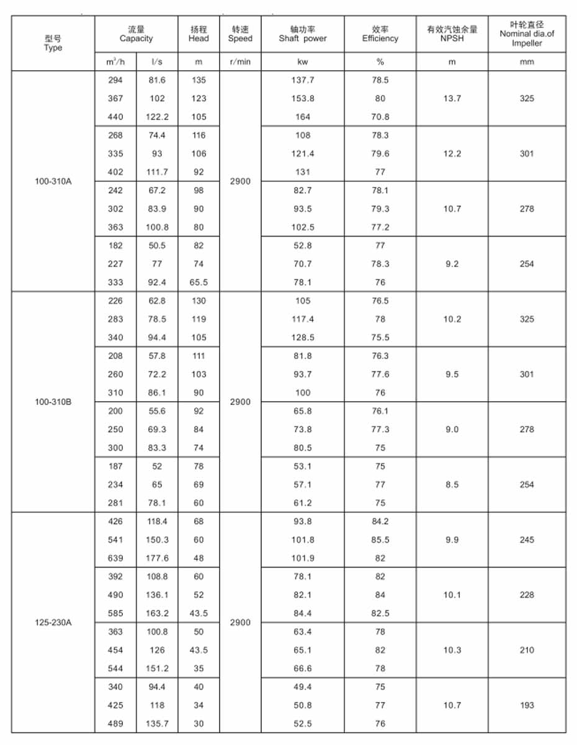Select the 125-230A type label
click(x=53, y=622)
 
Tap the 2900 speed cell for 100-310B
click(x=240, y=402)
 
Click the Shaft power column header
click(x=303, y=34)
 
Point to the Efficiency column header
click(x=380, y=34)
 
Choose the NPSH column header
click(x=452, y=34)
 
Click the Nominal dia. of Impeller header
click(x=527, y=34)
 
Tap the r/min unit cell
click(x=240, y=62)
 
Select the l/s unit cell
click(x=157, y=62)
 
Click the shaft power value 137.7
click(x=303, y=80)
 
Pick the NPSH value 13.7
click(x=452, y=98)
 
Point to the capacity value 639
click(x=115, y=558)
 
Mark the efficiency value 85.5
click(x=380, y=540)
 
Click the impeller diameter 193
click(x=527, y=705)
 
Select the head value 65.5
click(x=199, y=282)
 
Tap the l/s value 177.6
click(x=157, y=558)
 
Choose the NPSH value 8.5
click(x=452, y=484)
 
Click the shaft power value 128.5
click(x=303, y=338)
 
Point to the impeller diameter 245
click(x=527, y=540)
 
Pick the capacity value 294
click(x=115, y=80)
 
